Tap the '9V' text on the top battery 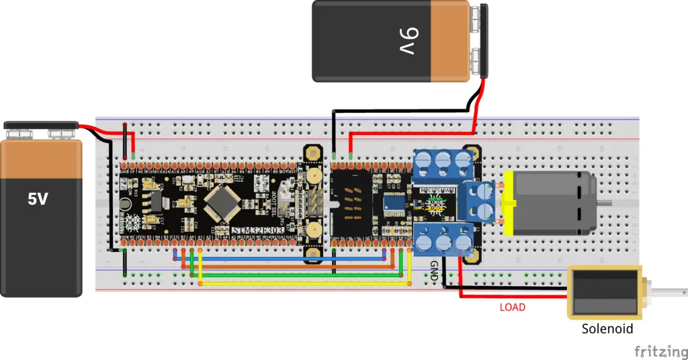pyautogui.click(x=412, y=42)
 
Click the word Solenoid pyautogui.click(x=607, y=329)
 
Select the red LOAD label pyautogui.click(x=513, y=307)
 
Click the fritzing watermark pyautogui.click(x=660, y=351)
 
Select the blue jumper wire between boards pyautogui.click(x=282, y=258)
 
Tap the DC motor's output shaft pyautogui.click(x=606, y=202)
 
